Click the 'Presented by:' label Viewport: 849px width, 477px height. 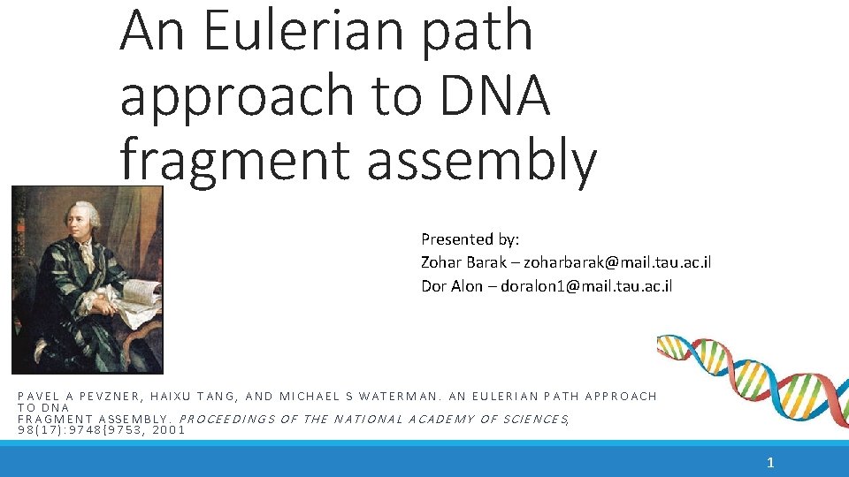(470, 238)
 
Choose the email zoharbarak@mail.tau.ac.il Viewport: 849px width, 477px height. (617, 262)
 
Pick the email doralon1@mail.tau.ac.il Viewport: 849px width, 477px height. (586, 285)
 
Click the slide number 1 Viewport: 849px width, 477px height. (770, 461)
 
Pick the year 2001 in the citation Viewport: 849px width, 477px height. (168, 430)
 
